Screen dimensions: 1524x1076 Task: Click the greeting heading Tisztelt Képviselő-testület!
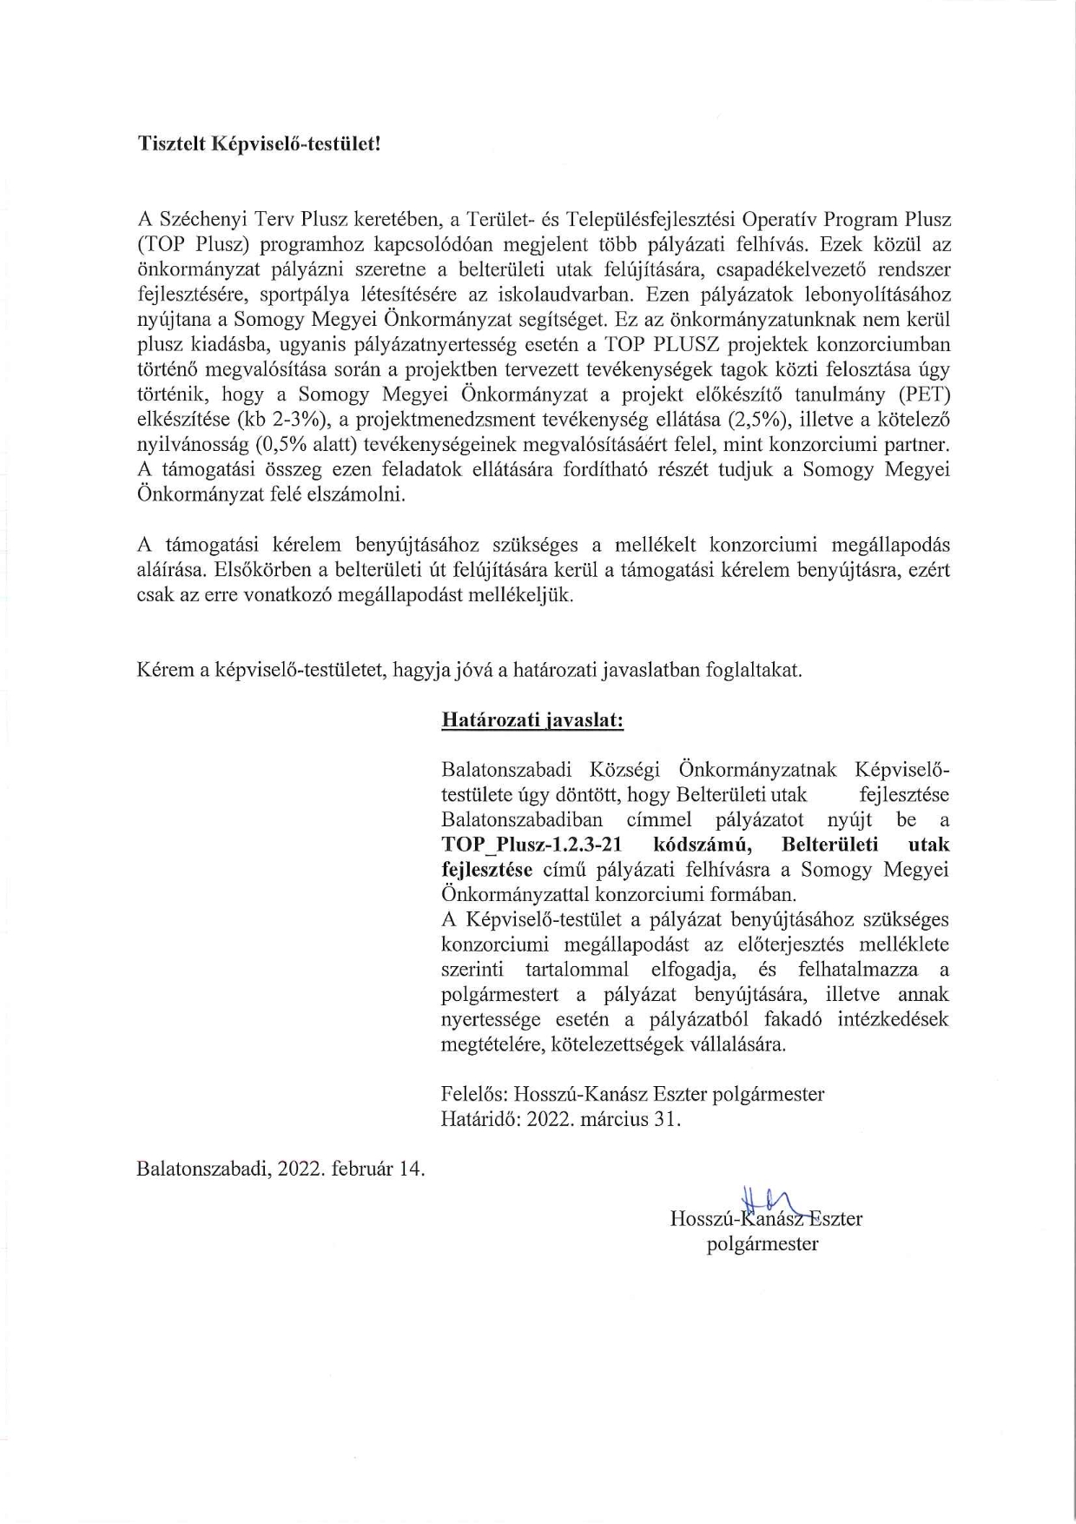259,143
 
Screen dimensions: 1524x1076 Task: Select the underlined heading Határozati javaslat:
531,719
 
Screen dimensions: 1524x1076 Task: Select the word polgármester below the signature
762,1244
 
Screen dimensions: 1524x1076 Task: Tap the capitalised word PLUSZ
679,345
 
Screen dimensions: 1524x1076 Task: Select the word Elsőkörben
261,571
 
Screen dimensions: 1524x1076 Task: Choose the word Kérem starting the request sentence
165,670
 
